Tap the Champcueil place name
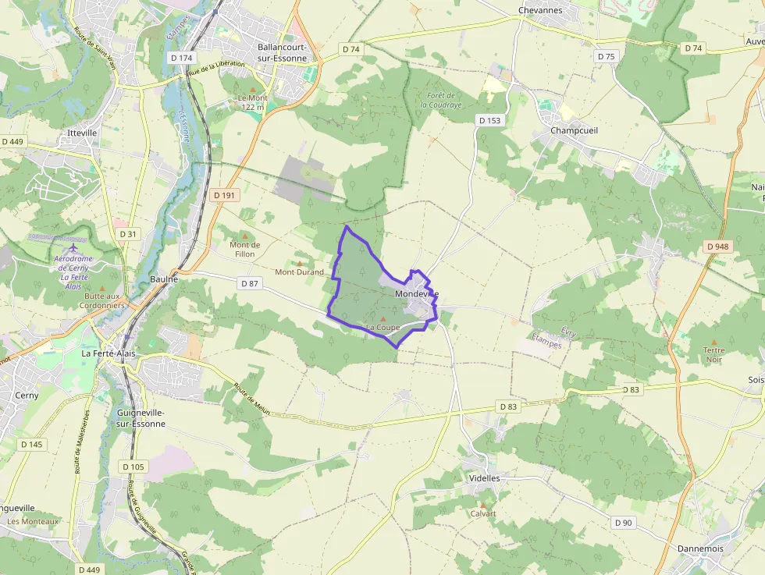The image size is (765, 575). tap(574, 130)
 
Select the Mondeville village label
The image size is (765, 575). tap(417, 293)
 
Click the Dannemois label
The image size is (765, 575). tap(700, 548)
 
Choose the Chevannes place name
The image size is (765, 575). tap(540, 10)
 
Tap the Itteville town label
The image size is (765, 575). tap(82, 133)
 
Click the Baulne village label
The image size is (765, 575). tap(164, 279)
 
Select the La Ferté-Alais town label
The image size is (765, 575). tap(109, 353)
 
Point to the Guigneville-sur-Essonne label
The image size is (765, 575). tap(141, 417)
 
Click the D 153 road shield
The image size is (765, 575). tap(489, 119)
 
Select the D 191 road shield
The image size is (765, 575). tap(223, 195)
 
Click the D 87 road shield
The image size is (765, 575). tap(249, 283)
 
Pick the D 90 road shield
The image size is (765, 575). tap(622, 523)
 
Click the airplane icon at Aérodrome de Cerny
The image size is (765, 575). tap(73, 247)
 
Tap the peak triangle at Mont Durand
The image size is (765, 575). tap(299, 264)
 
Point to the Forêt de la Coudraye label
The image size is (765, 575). tap(440, 100)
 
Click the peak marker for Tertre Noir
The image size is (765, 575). tap(713, 341)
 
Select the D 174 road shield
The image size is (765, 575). tap(180, 58)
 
